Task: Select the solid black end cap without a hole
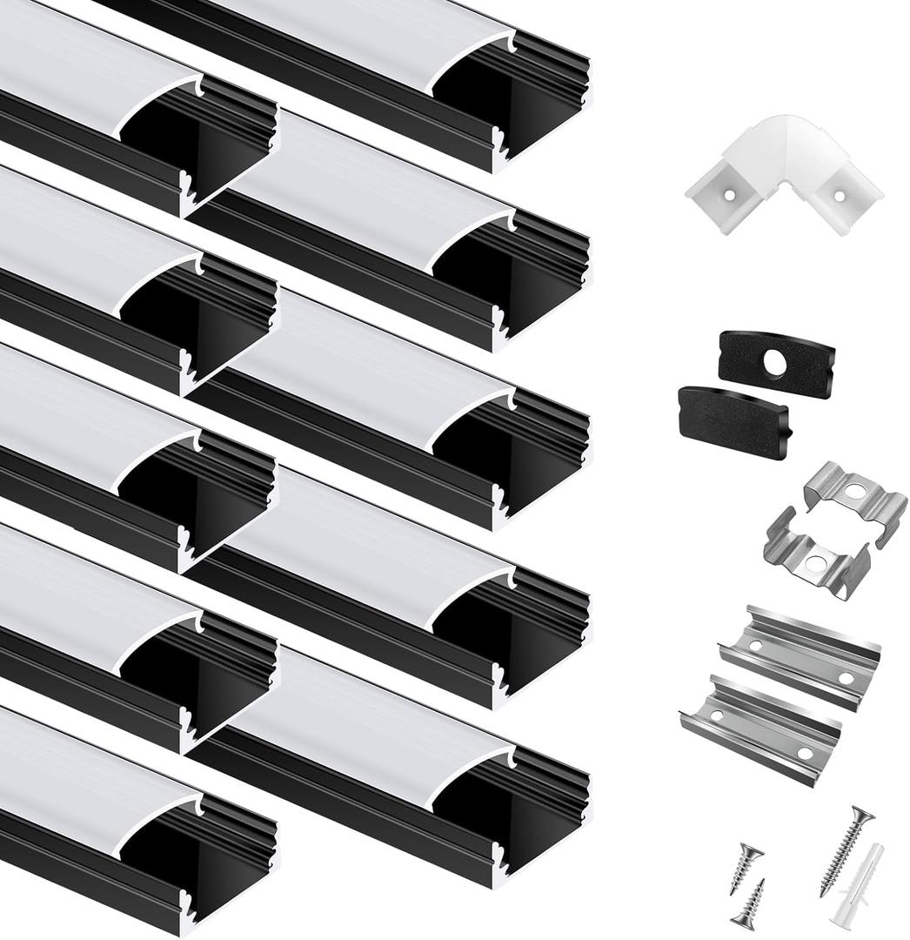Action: pos(733,422)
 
